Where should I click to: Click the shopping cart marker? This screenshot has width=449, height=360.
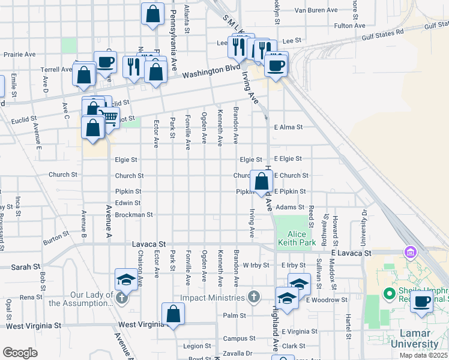click(109, 118)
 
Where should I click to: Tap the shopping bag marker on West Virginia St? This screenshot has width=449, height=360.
click(173, 314)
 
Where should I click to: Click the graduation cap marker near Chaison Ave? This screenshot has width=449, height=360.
click(127, 280)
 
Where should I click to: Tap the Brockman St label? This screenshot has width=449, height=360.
click(134, 214)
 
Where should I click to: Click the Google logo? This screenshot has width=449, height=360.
click(20, 353)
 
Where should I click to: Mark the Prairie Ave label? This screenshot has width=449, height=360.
click(20, 54)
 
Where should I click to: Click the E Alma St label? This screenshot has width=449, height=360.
click(289, 127)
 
